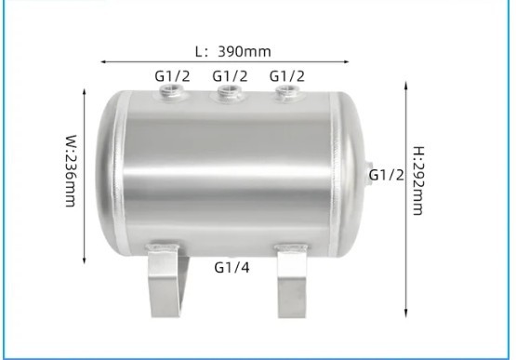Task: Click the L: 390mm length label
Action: (233, 51)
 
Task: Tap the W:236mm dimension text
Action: (71, 170)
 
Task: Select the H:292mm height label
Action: (418, 180)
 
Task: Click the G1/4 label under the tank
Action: (232, 267)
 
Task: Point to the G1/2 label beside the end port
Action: (386, 175)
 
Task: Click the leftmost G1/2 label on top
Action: (172, 76)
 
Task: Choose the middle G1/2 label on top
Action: (230, 76)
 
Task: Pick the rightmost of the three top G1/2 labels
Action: (287, 76)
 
